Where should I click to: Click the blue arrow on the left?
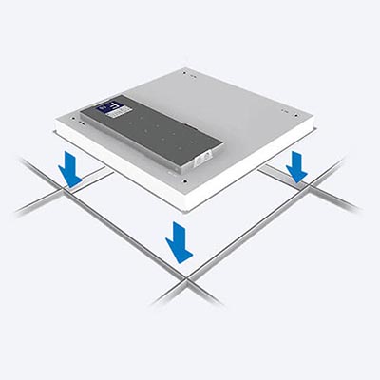[69, 170]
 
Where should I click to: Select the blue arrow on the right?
[296, 166]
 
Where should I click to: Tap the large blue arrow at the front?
[178, 242]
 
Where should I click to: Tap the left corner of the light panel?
[52, 123]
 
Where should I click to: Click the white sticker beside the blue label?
[123, 111]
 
